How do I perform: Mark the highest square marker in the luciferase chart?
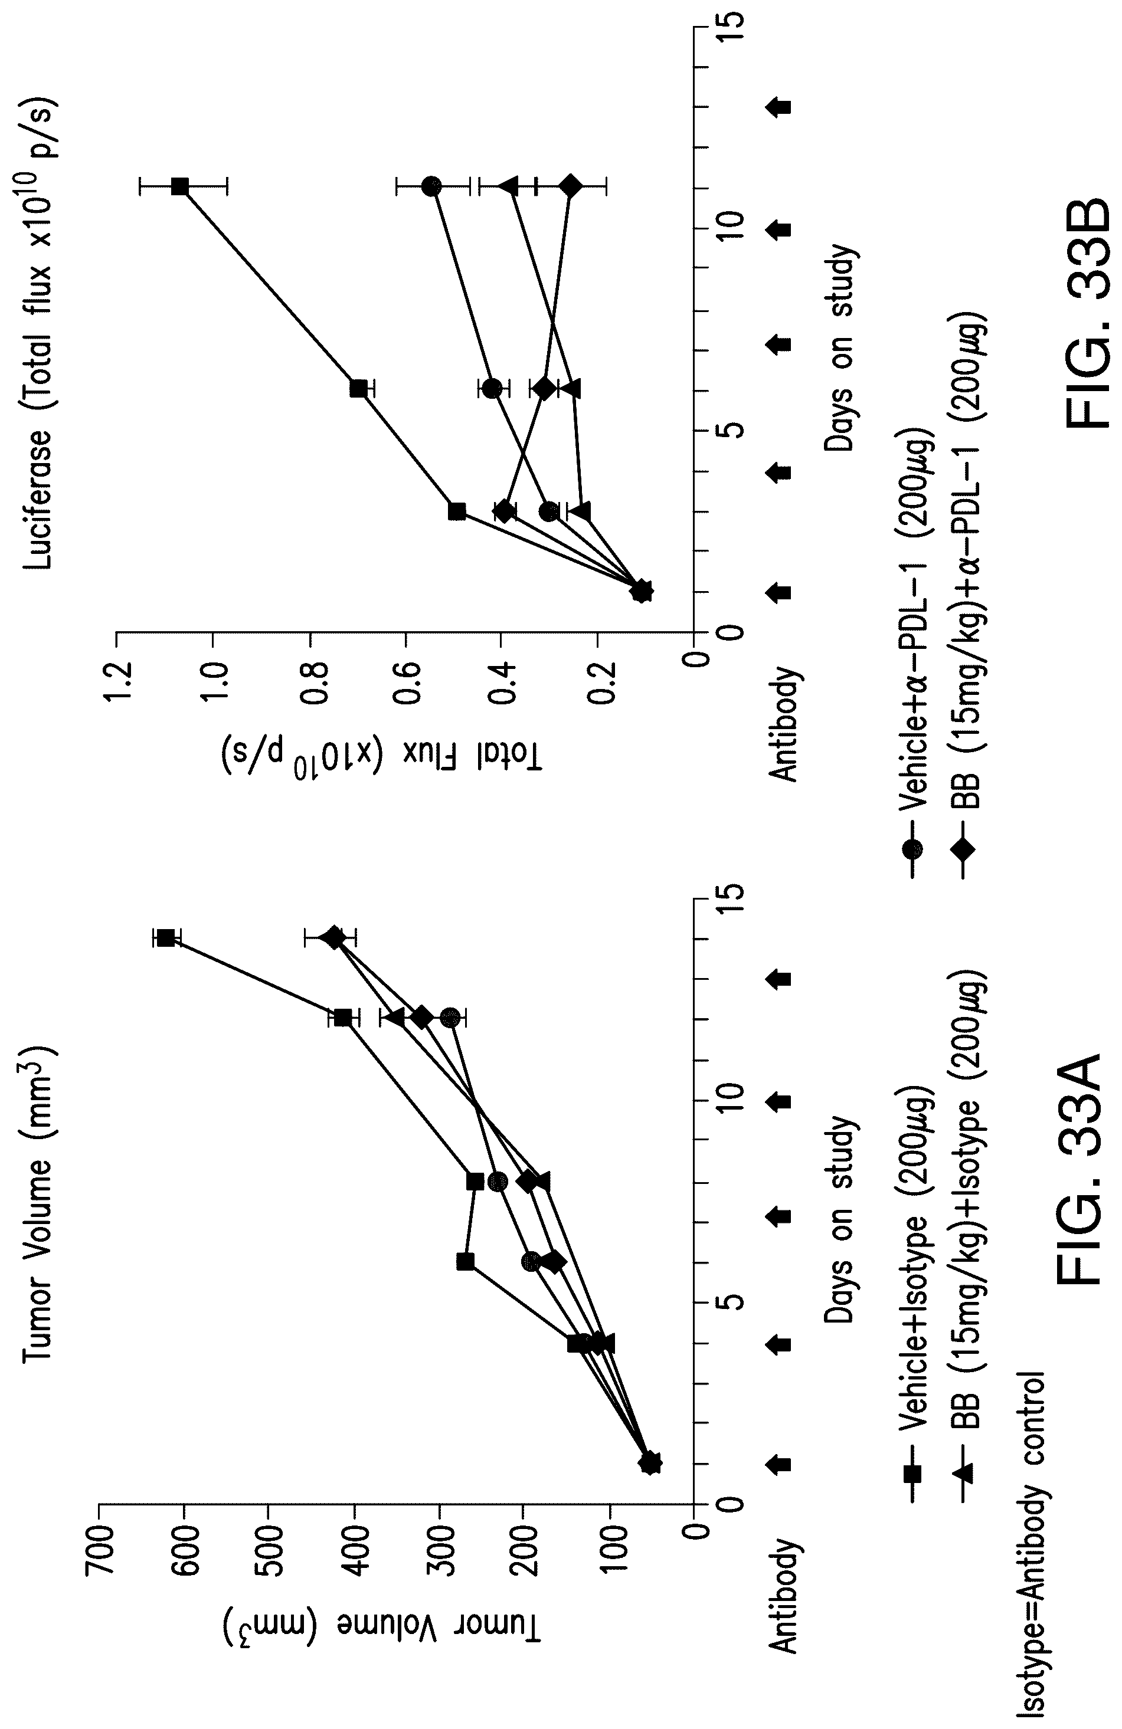[179, 186]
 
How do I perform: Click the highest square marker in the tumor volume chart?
[166, 938]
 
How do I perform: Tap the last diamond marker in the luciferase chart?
[571, 186]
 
